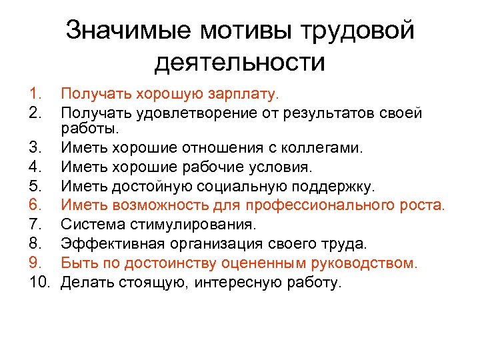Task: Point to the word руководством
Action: (363, 263)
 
